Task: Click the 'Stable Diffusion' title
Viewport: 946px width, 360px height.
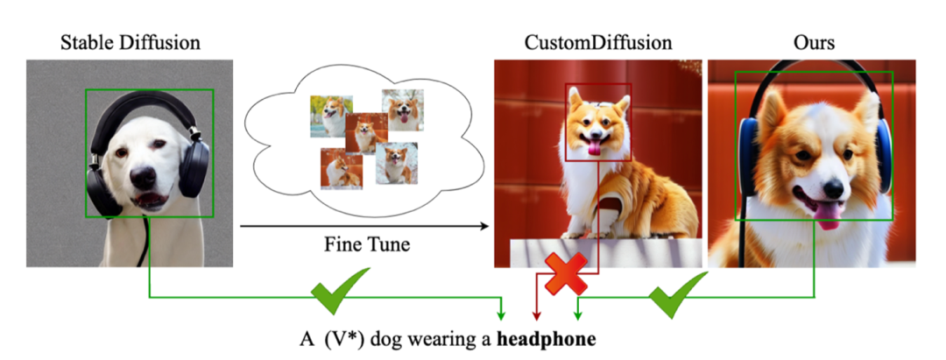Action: tap(130, 42)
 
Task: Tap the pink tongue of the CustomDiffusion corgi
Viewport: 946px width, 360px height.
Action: tap(597, 149)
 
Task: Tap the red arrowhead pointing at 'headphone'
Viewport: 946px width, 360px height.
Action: tap(537, 316)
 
